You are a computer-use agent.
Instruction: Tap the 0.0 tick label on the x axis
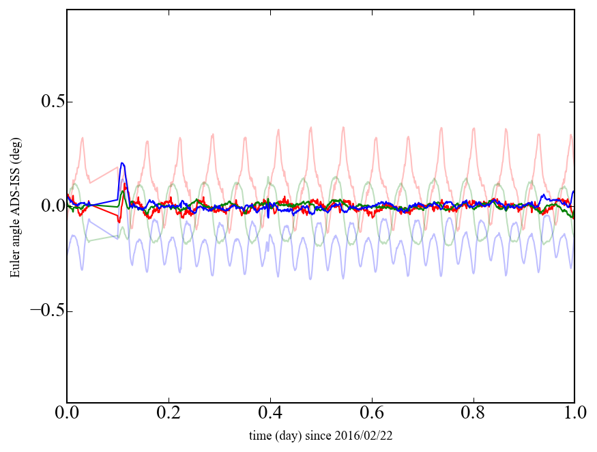coord(67,414)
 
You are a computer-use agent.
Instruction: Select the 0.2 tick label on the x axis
coord(169,414)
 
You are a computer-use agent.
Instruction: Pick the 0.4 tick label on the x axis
coord(270,414)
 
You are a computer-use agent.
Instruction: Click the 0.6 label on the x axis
coord(372,414)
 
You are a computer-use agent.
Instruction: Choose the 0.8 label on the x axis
coord(473,414)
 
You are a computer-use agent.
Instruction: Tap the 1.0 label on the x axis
coord(574,414)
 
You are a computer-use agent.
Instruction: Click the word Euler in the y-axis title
coord(15,267)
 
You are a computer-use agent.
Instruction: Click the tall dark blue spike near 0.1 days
coord(122,164)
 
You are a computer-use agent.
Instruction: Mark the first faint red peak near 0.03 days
coord(83,139)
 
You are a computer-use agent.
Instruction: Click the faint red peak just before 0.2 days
coord(147,141)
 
